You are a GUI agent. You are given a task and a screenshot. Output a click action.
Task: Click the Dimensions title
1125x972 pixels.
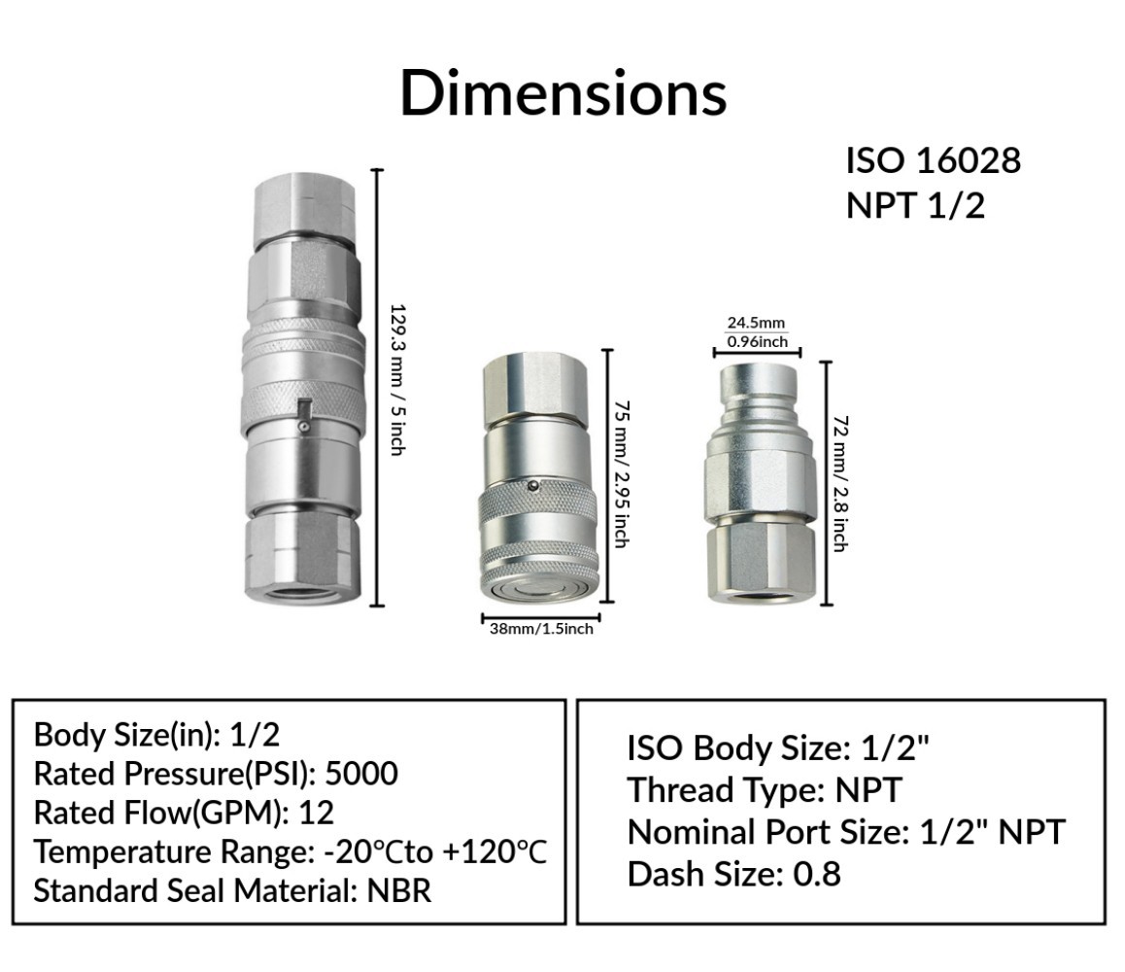coord(563,92)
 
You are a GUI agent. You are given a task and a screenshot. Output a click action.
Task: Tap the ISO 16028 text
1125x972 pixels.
coord(933,160)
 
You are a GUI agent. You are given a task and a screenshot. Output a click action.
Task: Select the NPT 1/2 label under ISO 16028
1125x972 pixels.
coord(915,205)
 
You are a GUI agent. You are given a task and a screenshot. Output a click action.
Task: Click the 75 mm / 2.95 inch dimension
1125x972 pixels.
coord(622,474)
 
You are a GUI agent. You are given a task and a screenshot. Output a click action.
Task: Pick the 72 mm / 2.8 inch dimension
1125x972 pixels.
coord(840,483)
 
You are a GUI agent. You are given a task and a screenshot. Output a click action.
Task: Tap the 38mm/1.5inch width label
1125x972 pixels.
coord(541,629)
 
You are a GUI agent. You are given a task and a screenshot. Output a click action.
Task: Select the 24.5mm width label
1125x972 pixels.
coord(756,323)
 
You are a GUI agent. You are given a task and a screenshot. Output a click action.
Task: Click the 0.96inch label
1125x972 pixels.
coord(757,342)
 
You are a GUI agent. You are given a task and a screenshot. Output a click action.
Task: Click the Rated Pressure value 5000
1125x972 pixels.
coord(361,774)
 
